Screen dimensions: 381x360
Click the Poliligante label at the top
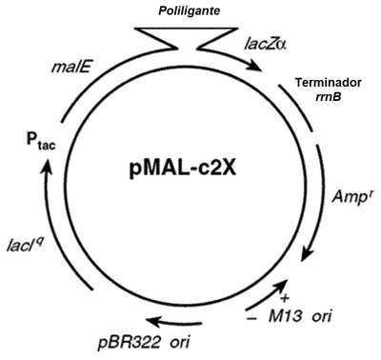tap(190, 11)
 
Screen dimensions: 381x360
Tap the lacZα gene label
tap(265, 44)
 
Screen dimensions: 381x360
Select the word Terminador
tap(329, 83)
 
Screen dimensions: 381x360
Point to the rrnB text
tap(329, 96)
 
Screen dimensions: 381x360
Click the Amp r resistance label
tap(351, 196)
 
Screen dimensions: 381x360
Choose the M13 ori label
tap(300, 316)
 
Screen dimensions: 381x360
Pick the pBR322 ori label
tap(144, 343)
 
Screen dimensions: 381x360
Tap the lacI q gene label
tap(26, 245)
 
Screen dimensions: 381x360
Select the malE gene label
tap(71, 69)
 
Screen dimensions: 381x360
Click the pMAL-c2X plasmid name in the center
tap(183, 169)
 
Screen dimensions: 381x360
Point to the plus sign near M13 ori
tap(285, 298)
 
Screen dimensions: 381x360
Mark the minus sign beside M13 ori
tap(251, 318)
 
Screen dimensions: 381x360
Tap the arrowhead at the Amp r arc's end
tap(307, 254)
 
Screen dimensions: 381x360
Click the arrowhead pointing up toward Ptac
tap(47, 165)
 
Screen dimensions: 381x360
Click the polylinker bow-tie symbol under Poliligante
tap(186, 39)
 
